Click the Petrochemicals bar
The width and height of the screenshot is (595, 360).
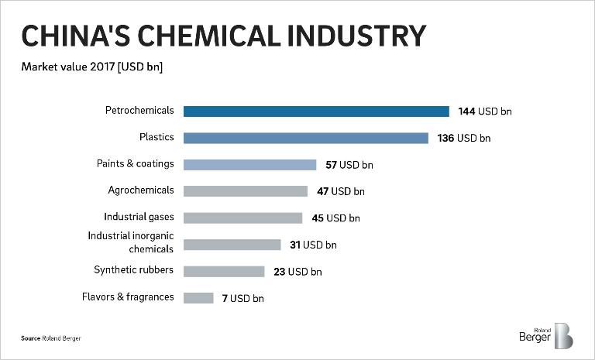(x=316, y=111)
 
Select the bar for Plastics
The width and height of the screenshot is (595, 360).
(x=306, y=138)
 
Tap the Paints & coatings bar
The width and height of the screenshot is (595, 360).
(x=249, y=164)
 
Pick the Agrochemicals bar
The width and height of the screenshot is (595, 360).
(x=246, y=191)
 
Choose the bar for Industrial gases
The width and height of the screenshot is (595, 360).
(x=242, y=218)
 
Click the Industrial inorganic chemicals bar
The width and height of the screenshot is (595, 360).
(x=232, y=245)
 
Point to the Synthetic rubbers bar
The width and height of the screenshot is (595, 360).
(x=224, y=271)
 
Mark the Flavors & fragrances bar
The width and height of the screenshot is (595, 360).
(x=198, y=297)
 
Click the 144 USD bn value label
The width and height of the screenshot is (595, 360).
(x=485, y=111)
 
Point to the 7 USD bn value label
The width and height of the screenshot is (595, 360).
(x=242, y=298)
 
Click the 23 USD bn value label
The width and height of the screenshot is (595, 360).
(x=297, y=272)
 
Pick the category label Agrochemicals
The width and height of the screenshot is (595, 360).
(x=141, y=190)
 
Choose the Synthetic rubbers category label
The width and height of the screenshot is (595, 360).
(x=134, y=270)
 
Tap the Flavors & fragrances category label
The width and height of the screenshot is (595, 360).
(x=128, y=297)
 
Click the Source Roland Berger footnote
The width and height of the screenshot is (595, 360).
(x=50, y=338)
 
